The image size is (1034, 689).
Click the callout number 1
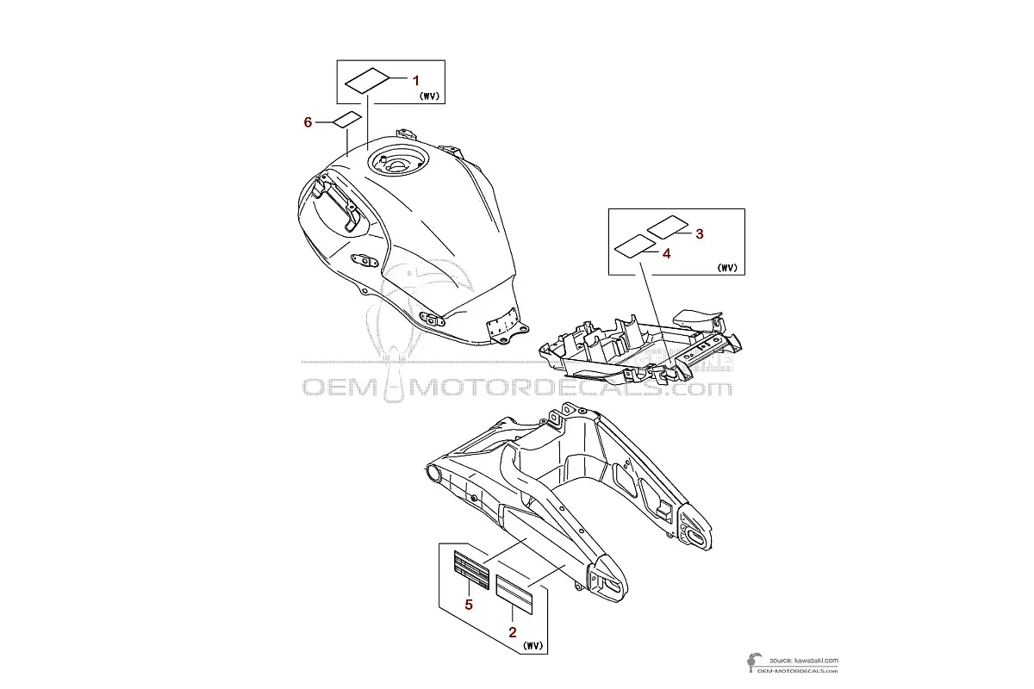415,81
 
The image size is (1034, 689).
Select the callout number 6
308,122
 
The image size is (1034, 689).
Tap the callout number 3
700,234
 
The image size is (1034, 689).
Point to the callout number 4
666,253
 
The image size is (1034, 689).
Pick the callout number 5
469,605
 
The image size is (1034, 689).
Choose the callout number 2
513,632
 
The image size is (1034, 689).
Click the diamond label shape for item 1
367,81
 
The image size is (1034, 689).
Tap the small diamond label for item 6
347,119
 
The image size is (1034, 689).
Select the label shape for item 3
668,227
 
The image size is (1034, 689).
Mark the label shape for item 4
635,246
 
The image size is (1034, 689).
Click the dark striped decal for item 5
471,570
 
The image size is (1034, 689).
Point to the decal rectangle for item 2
514,595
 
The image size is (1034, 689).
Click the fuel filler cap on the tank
398,163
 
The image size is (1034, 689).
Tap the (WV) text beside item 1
429,96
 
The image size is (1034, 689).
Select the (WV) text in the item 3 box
727,268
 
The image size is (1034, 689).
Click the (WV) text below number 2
533,646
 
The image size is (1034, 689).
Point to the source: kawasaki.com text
804,661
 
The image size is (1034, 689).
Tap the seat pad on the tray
697,320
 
